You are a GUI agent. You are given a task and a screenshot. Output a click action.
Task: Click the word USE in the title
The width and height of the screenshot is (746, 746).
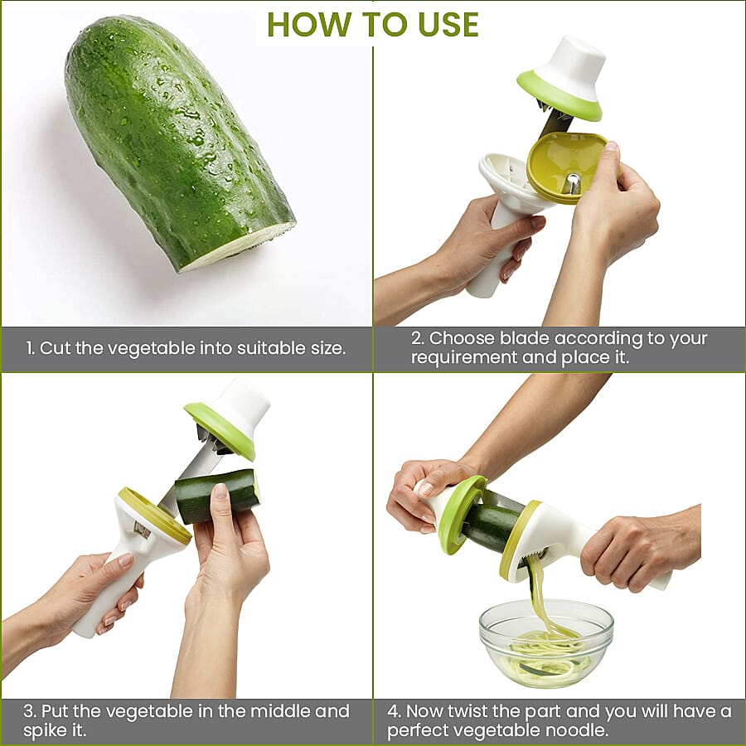[x=448, y=24]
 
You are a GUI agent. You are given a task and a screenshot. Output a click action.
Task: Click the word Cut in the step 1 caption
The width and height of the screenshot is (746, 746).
[x=56, y=348]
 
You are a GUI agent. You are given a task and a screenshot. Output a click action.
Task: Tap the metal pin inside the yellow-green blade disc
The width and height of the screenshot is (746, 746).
[x=572, y=183]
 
